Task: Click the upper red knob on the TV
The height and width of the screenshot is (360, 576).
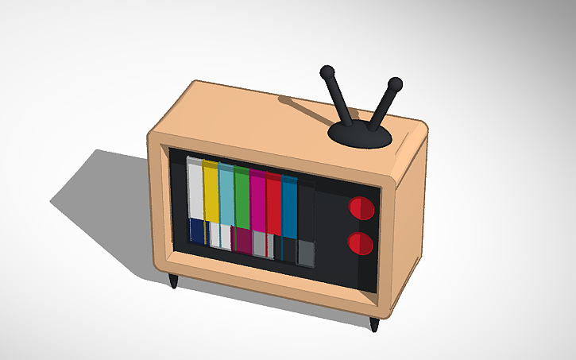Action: tap(361, 208)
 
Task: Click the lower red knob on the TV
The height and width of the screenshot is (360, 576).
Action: tap(360, 242)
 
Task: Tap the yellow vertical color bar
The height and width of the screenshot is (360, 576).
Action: tap(211, 191)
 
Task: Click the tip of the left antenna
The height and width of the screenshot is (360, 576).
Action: tap(327, 72)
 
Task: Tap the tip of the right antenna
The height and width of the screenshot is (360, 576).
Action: tap(395, 83)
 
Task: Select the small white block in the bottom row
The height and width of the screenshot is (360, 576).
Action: tap(225, 237)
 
